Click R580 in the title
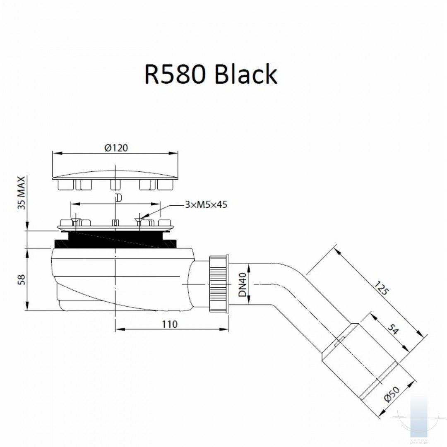[175, 74]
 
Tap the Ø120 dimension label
[116, 148]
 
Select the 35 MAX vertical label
[22, 192]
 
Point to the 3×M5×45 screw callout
[206, 204]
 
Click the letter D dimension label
[119, 197]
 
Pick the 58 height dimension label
[22, 280]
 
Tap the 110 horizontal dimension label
[170, 324]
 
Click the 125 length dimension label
[381, 288]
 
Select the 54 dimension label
[393, 329]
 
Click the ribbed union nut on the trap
[219, 284]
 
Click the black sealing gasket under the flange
[115, 240]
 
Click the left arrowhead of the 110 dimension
[120, 329]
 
